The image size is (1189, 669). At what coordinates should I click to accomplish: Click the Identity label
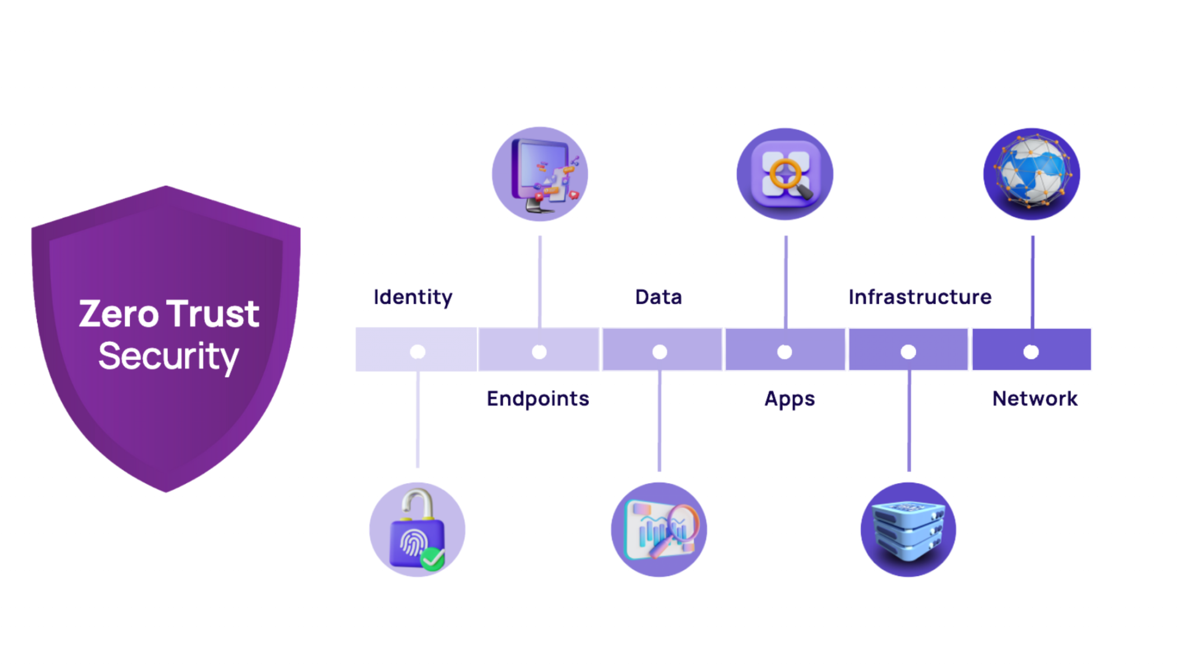click(x=413, y=297)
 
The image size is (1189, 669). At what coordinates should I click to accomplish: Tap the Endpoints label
click(x=538, y=399)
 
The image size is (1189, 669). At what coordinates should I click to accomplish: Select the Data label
click(x=658, y=297)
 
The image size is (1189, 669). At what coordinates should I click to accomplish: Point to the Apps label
click(x=790, y=399)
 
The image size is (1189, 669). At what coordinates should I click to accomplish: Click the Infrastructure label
click(x=920, y=297)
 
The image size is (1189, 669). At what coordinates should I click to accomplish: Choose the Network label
click(x=1035, y=399)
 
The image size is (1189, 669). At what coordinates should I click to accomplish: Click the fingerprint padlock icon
click(x=417, y=530)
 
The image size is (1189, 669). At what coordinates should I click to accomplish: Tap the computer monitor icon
click(x=540, y=174)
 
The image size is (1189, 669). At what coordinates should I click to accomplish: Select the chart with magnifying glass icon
click(x=659, y=530)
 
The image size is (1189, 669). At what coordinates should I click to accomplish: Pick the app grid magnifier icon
click(x=785, y=174)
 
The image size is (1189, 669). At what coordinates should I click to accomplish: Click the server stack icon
click(x=909, y=530)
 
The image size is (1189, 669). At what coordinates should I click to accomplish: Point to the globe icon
click(x=1032, y=174)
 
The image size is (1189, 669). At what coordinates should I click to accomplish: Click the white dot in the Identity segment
click(x=417, y=351)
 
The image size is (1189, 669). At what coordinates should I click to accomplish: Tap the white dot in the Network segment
click(x=1031, y=351)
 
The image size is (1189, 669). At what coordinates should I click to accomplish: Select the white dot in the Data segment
click(x=660, y=351)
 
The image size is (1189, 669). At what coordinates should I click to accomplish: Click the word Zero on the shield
click(x=118, y=314)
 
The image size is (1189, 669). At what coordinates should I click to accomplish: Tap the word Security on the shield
click(x=168, y=357)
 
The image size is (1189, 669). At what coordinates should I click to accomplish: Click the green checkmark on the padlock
click(x=433, y=559)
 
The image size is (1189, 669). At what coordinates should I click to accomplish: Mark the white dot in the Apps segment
click(x=784, y=351)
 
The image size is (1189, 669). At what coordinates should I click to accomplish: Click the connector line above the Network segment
click(x=1032, y=282)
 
